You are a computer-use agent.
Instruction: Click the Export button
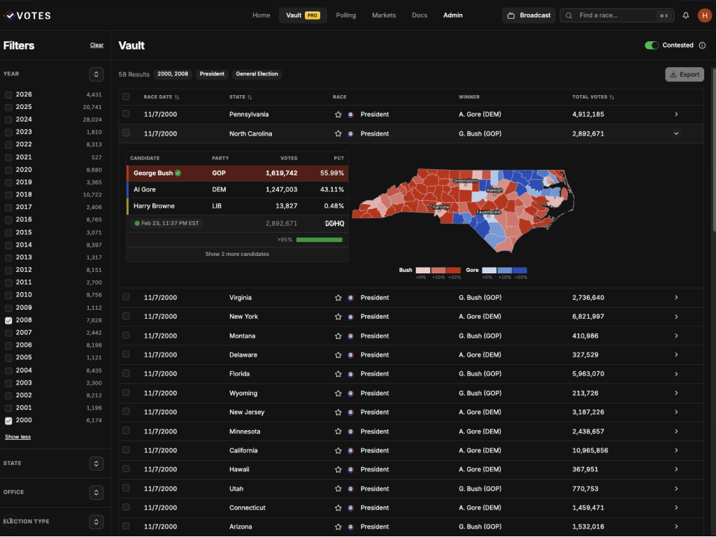tap(684, 74)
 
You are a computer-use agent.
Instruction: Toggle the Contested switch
tap(652, 45)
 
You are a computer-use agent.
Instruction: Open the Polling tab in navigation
tap(345, 15)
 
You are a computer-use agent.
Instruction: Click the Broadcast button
tap(529, 15)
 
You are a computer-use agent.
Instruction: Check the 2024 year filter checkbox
tap(8, 120)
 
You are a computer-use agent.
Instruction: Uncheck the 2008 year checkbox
tap(8, 320)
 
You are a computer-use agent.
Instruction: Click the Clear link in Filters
tap(96, 45)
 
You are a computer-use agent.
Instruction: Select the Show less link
tap(17, 437)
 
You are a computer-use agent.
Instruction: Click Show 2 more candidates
tap(237, 255)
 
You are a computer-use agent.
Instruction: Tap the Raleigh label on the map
tap(494, 189)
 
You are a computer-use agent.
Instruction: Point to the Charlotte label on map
tap(439, 207)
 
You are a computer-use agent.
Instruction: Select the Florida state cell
tap(239, 374)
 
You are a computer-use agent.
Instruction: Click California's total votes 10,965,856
tap(589, 450)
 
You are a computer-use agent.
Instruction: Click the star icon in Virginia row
tap(338, 298)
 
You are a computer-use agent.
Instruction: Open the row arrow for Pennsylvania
tap(675, 115)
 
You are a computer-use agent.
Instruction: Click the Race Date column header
tap(161, 97)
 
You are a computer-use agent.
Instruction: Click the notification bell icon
tap(686, 15)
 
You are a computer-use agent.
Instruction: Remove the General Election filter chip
tap(257, 74)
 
